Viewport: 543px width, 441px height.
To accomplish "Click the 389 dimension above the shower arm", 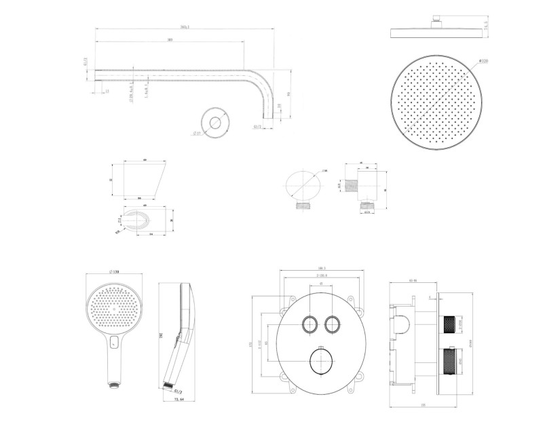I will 169,41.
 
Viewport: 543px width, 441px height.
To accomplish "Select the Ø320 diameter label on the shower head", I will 484,61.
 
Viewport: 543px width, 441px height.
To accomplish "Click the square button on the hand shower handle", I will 113,342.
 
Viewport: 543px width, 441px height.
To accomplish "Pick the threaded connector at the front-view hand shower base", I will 111,386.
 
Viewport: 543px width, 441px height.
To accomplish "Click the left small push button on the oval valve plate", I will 308,324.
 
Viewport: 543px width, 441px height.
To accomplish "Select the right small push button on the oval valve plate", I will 332,324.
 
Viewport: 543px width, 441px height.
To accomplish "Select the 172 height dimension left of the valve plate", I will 252,345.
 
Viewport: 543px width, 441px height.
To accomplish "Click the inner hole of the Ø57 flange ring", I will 217,123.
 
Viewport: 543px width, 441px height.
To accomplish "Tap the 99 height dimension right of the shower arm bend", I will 290,94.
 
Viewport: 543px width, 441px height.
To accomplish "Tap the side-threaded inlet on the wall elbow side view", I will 350,183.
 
